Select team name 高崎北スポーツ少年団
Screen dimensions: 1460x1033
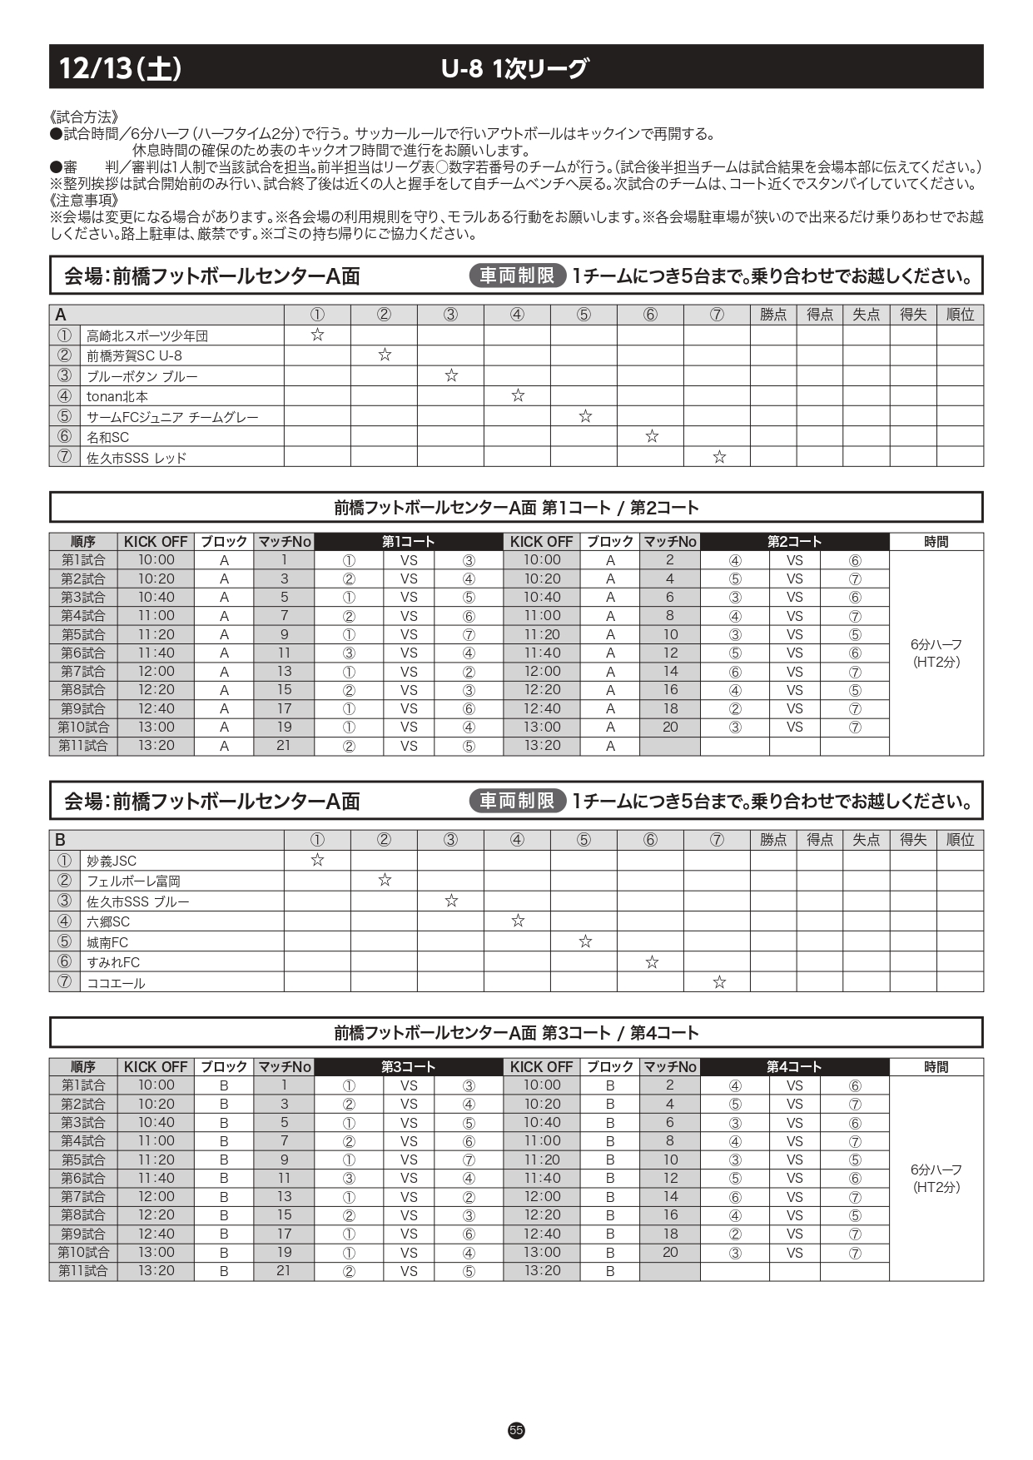click(147, 335)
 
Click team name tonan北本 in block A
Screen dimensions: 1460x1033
click(117, 396)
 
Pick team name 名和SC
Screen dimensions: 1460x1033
click(108, 437)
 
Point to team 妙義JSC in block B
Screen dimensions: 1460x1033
click(112, 861)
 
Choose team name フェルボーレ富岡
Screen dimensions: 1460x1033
click(133, 881)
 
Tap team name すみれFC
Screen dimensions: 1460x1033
click(113, 962)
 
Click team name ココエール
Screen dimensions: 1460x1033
click(116, 983)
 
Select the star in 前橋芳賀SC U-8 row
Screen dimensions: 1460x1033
click(385, 355)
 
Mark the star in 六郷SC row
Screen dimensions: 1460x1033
click(518, 921)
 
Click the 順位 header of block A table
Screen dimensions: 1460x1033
click(960, 315)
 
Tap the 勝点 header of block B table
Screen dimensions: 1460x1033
click(773, 840)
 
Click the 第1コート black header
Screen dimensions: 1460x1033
click(409, 542)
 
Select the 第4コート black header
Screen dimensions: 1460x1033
click(794, 1067)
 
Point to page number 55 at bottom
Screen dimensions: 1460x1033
click(516, 1430)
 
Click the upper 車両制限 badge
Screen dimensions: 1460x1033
click(517, 276)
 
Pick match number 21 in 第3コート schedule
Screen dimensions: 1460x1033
click(284, 1271)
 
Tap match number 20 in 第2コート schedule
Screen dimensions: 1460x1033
click(670, 727)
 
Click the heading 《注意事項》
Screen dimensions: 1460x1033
click(84, 201)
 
